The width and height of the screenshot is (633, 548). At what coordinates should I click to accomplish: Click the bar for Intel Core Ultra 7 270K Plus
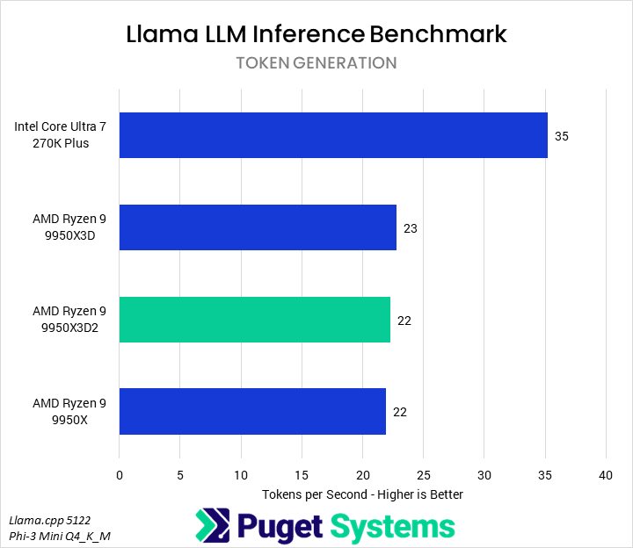[x=333, y=135]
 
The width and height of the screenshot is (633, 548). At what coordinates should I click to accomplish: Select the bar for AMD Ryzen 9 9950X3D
[x=258, y=227]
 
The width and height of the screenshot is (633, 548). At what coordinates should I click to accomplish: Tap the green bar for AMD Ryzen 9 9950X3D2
[x=254, y=320]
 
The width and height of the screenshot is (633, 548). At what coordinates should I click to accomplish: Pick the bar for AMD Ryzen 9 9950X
[x=252, y=411]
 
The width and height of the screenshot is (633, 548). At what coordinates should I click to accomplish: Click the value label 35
[x=562, y=136]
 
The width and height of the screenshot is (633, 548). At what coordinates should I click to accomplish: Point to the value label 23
[x=411, y=228]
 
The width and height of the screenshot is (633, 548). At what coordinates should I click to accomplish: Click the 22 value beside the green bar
[x=404, y=321]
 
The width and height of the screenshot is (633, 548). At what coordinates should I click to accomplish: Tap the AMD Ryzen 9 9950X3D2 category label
[x=69, y=320]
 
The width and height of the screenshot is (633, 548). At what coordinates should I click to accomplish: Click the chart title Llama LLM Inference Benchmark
[x=316, y=34]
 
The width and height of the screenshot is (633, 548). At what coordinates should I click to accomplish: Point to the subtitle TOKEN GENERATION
[x=316, y=63]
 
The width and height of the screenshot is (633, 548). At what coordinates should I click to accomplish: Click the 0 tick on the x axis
[x=120, y=475]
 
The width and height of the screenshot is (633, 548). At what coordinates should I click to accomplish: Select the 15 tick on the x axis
[x=302, y=475]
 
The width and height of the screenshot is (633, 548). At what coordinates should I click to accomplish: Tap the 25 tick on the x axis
[x=423, y=475]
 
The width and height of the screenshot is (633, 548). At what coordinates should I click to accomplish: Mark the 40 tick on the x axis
[x=605, y=475]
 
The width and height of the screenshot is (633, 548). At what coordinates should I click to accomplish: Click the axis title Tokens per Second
[x=362, y=494]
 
